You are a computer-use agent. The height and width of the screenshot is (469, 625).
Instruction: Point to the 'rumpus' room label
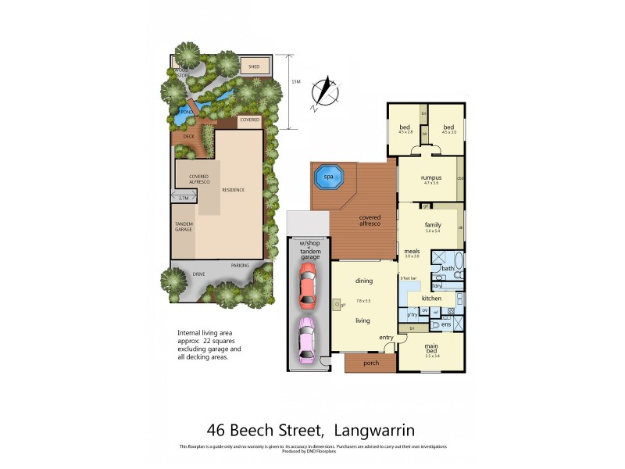431,177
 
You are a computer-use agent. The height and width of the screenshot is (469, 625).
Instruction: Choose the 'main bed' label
431,348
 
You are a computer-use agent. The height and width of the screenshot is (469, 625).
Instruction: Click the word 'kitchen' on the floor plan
432,299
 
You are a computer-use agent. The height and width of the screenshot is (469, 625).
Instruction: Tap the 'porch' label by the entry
370,363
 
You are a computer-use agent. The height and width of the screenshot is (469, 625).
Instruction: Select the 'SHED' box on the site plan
254,67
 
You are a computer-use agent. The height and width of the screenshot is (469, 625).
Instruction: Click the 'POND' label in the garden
186,113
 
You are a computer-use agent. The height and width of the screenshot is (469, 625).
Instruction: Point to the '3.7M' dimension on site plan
184,199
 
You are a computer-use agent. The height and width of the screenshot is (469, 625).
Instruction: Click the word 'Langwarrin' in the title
377,429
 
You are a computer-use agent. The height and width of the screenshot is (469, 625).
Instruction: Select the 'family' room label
433,224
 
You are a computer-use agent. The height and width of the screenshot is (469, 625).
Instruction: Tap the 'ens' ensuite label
446,324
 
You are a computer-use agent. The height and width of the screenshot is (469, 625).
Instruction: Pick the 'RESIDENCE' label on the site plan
234,190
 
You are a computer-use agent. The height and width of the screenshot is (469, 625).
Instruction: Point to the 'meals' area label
412,251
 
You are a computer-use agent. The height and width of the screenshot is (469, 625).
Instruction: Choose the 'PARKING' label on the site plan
240,266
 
